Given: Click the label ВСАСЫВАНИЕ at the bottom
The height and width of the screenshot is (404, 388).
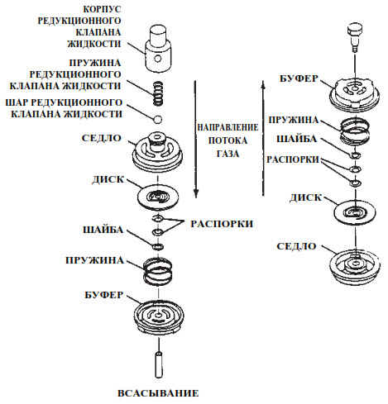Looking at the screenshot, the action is click(158, 393).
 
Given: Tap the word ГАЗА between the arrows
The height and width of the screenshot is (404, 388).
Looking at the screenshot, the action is click(228, 154).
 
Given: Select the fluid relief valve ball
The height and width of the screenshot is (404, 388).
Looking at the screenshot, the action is click(158, 119).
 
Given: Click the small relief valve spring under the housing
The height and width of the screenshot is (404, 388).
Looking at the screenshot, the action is click(157, 93).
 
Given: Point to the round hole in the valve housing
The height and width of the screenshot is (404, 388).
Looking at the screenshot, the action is click(158, 59).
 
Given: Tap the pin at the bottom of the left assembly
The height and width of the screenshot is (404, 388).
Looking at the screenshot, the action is click(159, 364).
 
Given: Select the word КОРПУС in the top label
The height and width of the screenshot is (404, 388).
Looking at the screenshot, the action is click(103, 9).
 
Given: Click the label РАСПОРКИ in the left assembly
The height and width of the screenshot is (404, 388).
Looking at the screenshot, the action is click(222, 224).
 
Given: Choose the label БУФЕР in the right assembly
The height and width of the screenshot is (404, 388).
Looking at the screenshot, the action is click(299, 78).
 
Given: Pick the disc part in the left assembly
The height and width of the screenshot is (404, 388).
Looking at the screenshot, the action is click(157, 197).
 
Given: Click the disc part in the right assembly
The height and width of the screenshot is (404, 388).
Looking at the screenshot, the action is click(355, 212).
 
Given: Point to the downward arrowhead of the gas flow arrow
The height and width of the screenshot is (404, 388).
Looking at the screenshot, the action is click(196, 192).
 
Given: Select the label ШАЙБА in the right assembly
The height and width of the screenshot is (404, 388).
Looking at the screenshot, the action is click(296, 139).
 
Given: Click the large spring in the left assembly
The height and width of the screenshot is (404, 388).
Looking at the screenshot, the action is click(157, 272).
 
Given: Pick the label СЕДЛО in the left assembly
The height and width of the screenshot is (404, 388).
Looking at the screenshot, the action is click(102, 138).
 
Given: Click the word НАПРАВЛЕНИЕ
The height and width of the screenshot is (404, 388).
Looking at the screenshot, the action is click(228, 127).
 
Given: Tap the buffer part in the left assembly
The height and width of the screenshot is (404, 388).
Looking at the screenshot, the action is click(159, 316).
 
